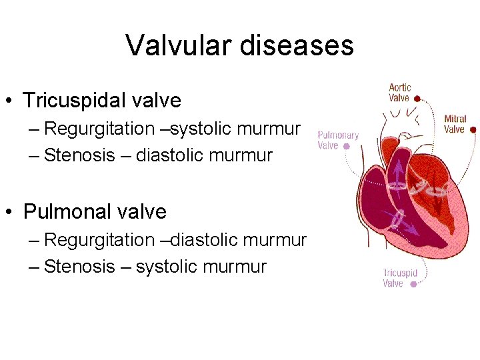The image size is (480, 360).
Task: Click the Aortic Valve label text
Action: [399, 93]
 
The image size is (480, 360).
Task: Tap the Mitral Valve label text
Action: [455, 125]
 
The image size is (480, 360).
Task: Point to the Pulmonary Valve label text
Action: [338, 140]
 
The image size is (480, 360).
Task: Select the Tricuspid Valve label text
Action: [400, 278]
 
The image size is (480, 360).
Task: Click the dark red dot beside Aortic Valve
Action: [417, 98]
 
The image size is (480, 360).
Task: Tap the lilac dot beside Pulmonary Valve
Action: [346, 145]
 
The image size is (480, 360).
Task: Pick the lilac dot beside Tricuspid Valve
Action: [413, 284]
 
